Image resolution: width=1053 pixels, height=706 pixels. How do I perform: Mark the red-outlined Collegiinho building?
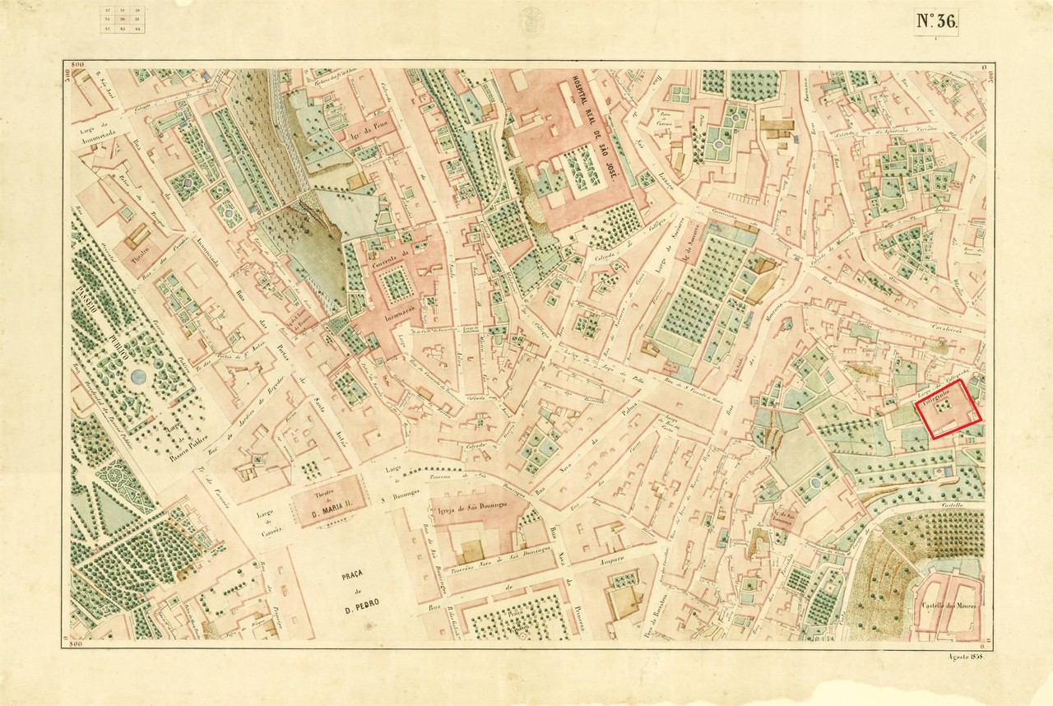950,409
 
